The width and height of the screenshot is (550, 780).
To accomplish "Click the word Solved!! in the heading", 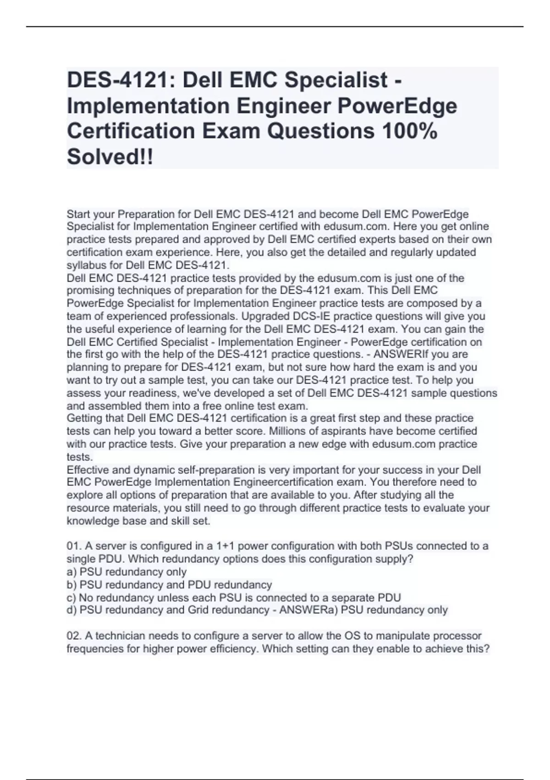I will (110, 157).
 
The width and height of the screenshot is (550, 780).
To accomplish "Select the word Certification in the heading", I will (132, 131).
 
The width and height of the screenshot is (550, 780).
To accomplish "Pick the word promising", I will (90, 290).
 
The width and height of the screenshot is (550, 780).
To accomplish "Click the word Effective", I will (87, 470).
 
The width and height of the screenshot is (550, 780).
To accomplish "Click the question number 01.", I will (74, 546).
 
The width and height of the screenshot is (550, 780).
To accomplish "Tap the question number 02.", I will (74, 636).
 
